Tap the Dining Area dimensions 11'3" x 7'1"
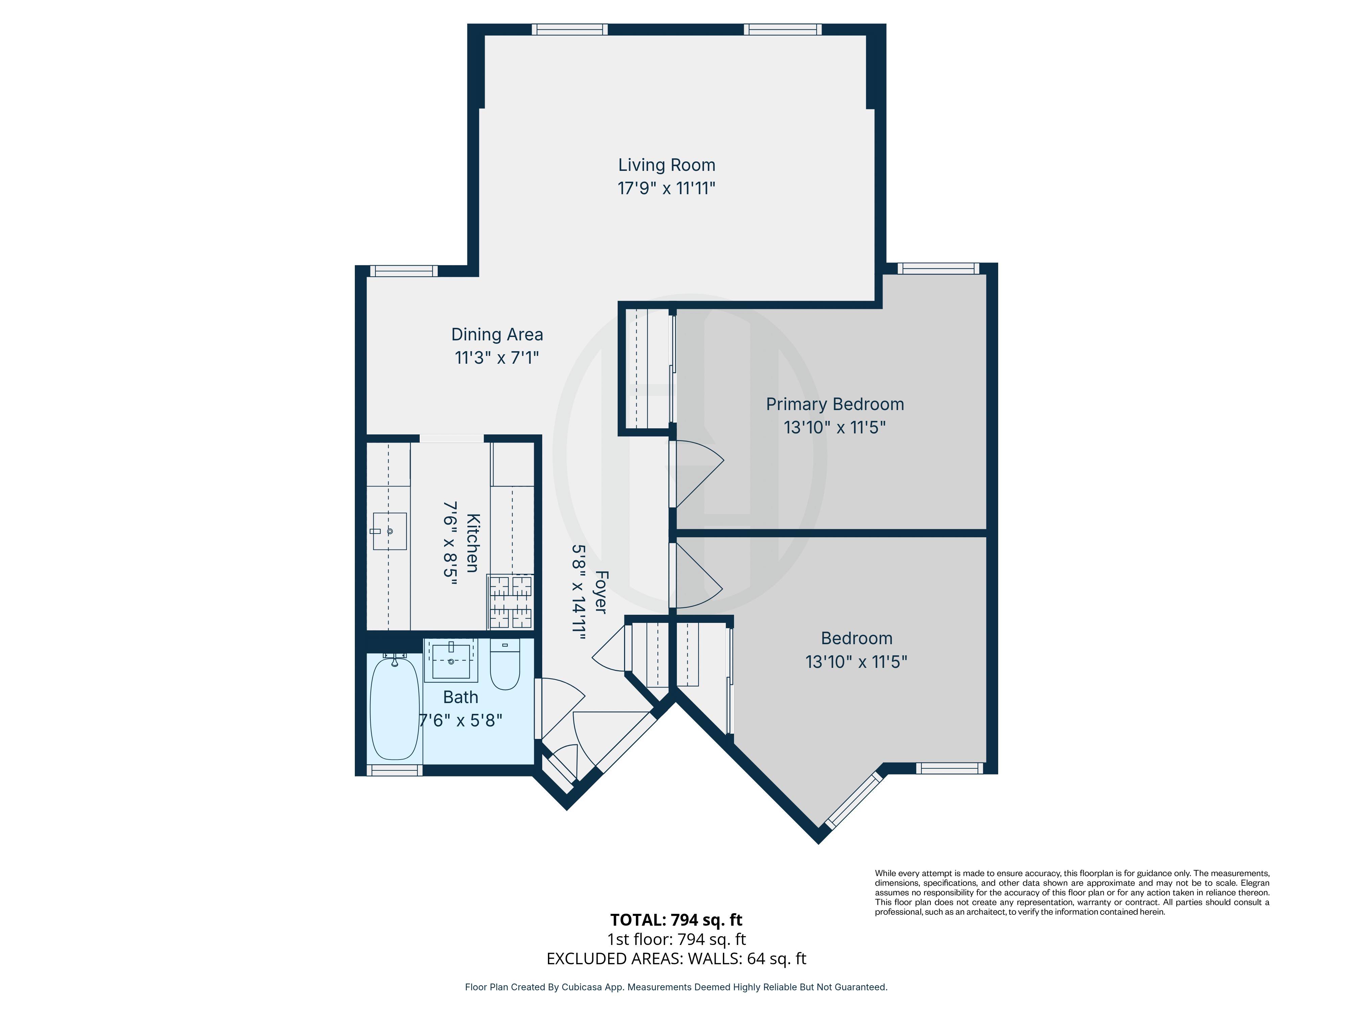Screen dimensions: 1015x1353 pos(497,357)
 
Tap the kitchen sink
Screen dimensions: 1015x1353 pos(390,531)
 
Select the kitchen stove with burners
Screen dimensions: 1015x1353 pos(510,602)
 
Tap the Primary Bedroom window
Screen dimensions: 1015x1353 pos(938,268)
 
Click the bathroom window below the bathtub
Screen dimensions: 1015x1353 pos(394,770)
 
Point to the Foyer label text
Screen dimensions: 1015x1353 pos(601,592)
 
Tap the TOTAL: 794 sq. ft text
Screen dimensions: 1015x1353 pos(676,920)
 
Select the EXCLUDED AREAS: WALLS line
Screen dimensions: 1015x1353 pos(676,959)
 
